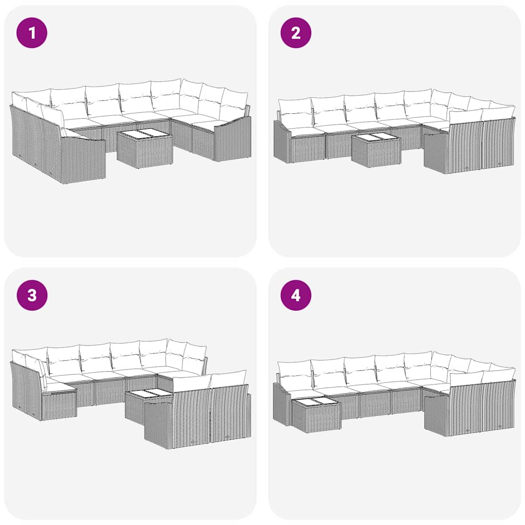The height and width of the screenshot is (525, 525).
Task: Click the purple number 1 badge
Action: pyautogui.click(x=32, y=33)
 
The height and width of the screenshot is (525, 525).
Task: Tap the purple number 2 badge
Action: pyautogui.click(x=296, y=33)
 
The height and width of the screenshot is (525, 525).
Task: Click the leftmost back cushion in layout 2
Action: pyautogui.click(x=295, y=112)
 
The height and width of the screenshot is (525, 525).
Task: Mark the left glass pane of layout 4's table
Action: pyautogui.click(x=307, y=401)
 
